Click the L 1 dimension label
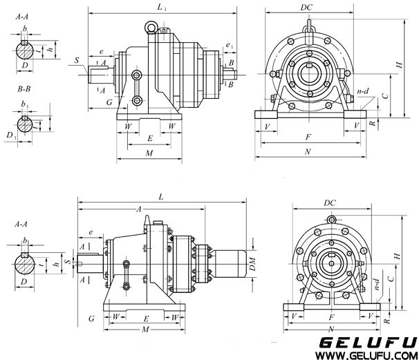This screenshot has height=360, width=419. (x=161, y=7)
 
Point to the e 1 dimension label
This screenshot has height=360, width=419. (x=229, y=46)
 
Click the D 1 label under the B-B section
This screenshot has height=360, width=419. (x=9, y=133)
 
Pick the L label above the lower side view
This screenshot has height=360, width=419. (x=161, y=197)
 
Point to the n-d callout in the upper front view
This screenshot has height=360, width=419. (x=361, y=90)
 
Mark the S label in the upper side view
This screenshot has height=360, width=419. (x=75, y=61)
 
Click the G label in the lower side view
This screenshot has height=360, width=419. (x=91, y=319)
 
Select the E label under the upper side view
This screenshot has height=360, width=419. (x=149, y=138)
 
